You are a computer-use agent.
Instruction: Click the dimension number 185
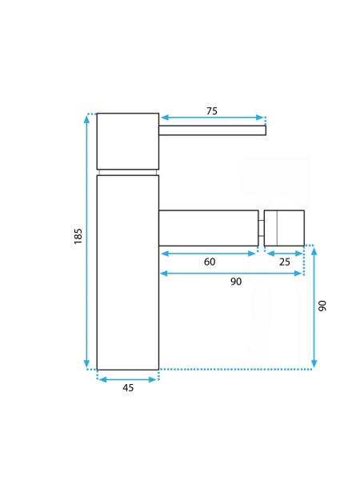point(78,236)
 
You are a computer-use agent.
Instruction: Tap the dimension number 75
point(212,111)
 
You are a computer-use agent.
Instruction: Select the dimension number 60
point(210,262)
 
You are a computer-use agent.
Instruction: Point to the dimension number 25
point(284,262)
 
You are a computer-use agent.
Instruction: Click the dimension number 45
point(128,388)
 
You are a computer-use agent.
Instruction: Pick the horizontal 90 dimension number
point(236,282)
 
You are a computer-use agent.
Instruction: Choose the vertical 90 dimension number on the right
point(322,306)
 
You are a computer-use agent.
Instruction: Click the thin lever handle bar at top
point(213,130)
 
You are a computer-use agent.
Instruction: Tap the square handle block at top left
point(128,141)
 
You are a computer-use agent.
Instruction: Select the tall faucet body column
point(128,273)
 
